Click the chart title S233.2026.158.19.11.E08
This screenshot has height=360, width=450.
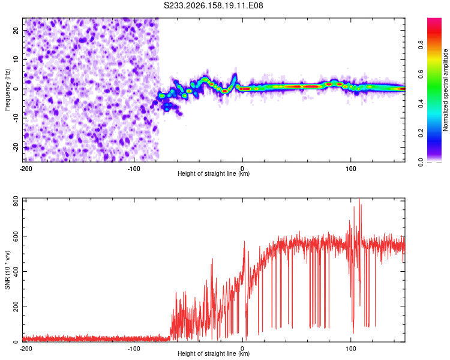coord(213,5)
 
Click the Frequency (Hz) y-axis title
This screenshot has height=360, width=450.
coord(7,90)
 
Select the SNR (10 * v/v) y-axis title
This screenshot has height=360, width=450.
coord(7,270)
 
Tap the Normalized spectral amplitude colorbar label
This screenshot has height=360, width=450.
coord(445,90)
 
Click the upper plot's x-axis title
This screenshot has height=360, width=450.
coord(214,173)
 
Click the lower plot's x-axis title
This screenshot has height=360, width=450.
coord(214,353)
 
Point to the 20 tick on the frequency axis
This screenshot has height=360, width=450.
coord(16,31)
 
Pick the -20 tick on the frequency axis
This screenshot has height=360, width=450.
coord(16,148)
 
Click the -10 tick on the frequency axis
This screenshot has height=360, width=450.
coord(16,118)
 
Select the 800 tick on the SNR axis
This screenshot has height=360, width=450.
coord(16,202)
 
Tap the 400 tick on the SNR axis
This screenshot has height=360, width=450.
coord(16,271)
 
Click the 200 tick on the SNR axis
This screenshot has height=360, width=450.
coord(16,307)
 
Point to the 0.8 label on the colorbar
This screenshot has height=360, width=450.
coord(421,45)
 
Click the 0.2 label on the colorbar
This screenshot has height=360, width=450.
coord(421,133)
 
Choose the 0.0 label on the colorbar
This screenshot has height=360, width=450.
coord(421,163)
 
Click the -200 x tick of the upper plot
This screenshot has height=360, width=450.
coord(26,169)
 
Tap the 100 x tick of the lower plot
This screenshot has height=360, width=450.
coord(351,349)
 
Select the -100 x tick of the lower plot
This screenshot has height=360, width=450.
coord(134,349)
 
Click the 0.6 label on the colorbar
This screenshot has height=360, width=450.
coord(421,74)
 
